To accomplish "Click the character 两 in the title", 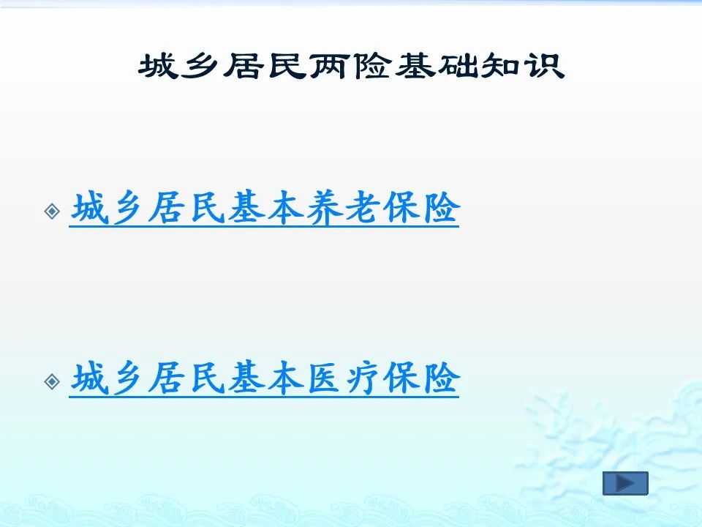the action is (330, 66).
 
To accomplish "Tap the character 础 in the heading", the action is (458, 66).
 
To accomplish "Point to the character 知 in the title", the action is (500, 66).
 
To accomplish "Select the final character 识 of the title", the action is (545, 66).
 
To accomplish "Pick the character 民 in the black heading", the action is (287, 66).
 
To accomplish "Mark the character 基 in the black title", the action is (415, 66).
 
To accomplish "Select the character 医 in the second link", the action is (324, 378).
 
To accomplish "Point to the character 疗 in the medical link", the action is (363, 378).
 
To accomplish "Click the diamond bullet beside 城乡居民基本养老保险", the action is (53, 211).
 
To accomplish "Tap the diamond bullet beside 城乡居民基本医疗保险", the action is (53, 381).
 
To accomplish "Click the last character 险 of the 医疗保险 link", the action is (442, 378).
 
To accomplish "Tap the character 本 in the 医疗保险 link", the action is (285, 378).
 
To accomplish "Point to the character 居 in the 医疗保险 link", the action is (167, 378).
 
